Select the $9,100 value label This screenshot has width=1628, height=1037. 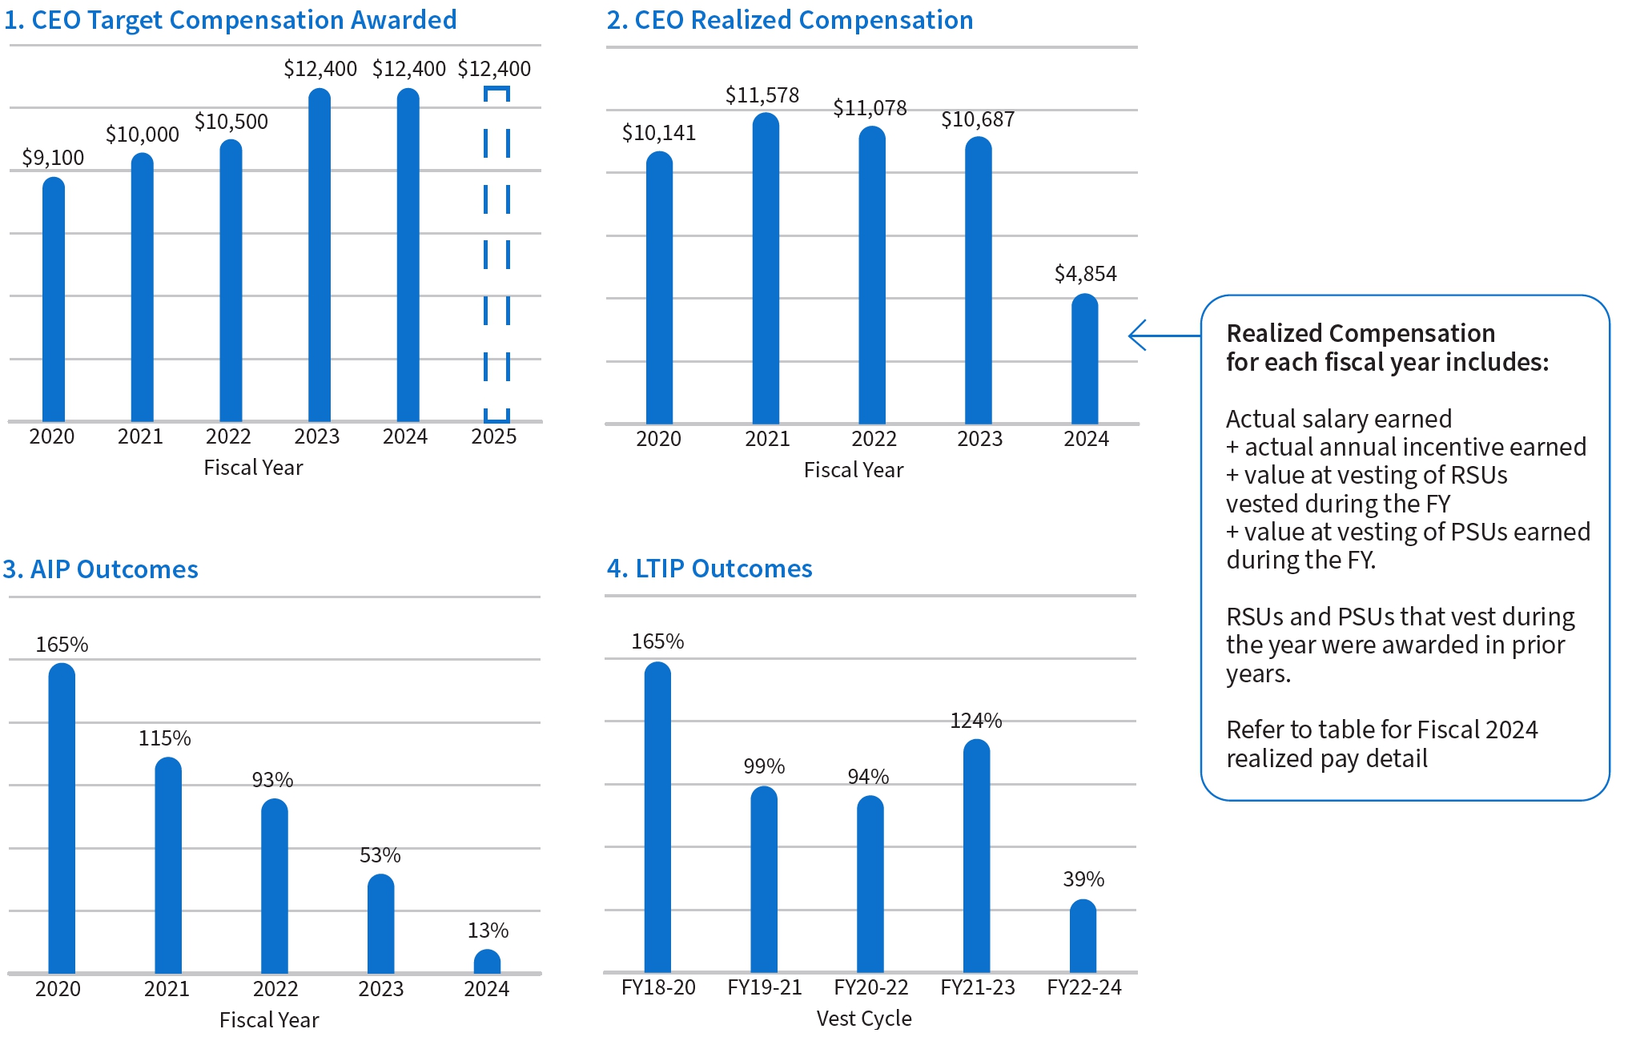(53, 158)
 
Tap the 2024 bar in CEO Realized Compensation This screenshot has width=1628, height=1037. (1084, 360)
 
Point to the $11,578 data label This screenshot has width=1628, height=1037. (762, 95)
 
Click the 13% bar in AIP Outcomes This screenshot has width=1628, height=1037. (487, 962)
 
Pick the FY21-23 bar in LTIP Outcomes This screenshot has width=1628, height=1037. (976, 857)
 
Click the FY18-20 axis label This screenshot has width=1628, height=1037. (658, 987)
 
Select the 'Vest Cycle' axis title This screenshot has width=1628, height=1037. (863, 1019)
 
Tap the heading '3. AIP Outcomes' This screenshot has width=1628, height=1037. (100, 569)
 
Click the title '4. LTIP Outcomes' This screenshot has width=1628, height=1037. (709, 569)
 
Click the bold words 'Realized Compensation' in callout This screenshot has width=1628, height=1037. (1360, 333)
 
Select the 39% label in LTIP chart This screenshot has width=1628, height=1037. (1083, 879)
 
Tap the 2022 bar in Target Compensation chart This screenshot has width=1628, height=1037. (231, 280)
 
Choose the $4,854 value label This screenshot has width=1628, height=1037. (1085, 274)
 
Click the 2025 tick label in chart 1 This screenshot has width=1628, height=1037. (493, 436)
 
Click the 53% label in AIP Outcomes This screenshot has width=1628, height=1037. (380, 855)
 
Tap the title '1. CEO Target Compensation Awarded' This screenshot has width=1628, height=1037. (231, 20)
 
